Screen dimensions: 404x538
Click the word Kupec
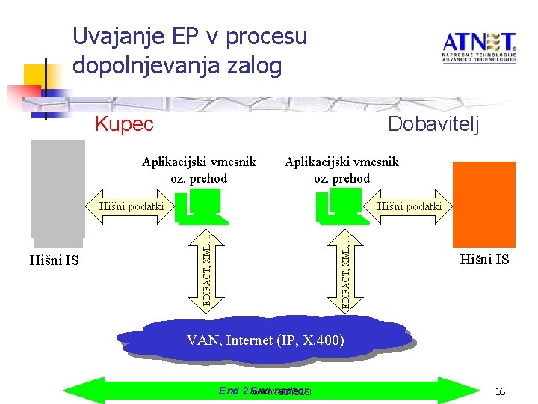(124, 124)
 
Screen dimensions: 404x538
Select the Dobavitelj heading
(434, 124)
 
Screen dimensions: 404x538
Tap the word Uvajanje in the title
(120, 36)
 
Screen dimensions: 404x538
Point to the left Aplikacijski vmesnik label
(200, 170)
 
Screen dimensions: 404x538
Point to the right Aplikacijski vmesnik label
(341, 170)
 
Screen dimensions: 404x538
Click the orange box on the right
(485, 203)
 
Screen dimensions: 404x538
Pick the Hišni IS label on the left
(54, 260)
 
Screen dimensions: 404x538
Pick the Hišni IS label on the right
(484, 260)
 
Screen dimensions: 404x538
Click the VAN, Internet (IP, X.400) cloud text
(265, 340)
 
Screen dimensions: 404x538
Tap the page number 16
(501, 391)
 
